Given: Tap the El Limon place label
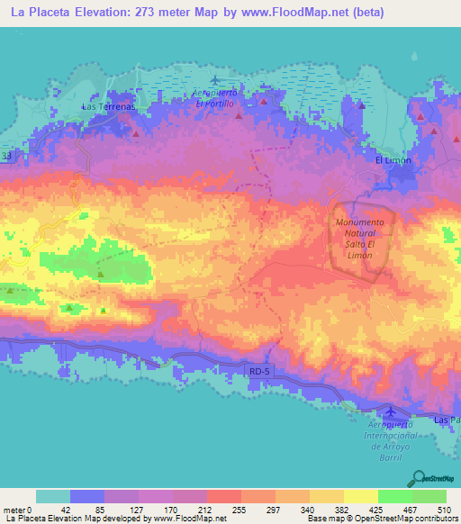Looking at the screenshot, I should coord(393,159).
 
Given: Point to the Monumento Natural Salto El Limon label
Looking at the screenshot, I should coord(359,239).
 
